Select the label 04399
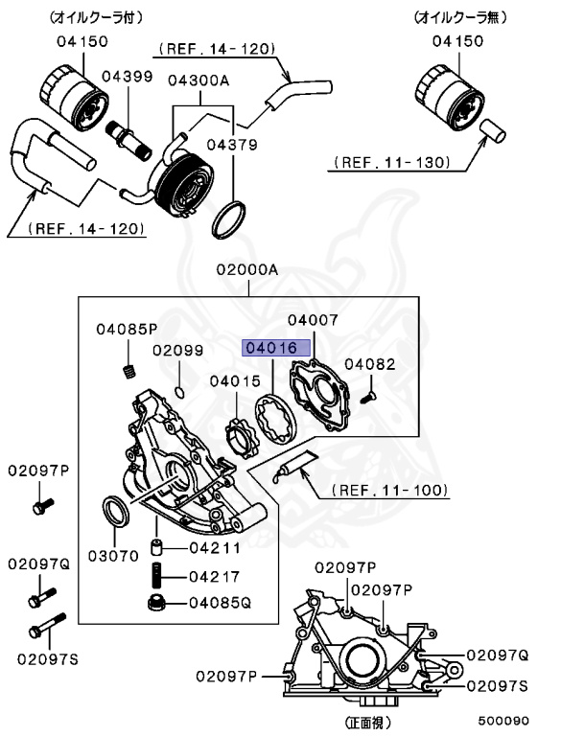tap(127, 76)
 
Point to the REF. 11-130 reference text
tap(391, 163)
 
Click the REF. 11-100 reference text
tap(390, 490)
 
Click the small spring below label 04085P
tap(129, 373)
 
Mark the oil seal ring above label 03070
tap(116, 512)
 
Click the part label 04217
tap(211, 577)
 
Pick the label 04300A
tap(199, 81)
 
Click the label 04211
tap(211, 549)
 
